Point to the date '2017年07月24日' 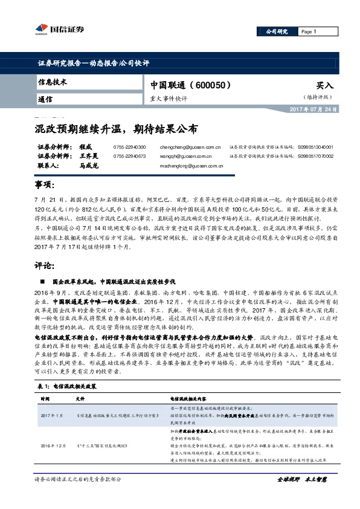[x=310, y=108]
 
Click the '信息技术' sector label [x=52, y=82]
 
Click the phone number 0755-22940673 [x=129, y=156]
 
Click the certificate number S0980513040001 [x=315, y=147]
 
